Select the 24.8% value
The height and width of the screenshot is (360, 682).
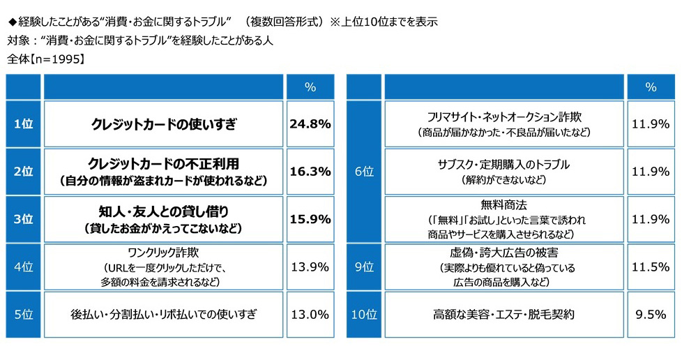coord(309,124)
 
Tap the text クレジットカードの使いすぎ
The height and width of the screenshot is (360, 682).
coord(164,125)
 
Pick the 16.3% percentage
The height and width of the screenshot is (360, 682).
coord(309,172)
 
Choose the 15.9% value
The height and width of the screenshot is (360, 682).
coord(309,219)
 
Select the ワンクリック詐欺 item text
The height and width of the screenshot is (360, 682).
coord(164,252)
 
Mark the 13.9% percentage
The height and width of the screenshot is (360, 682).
coord(309,267)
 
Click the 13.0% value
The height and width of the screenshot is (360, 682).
coord(309,314)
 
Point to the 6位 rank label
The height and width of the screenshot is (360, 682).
coord(363,172)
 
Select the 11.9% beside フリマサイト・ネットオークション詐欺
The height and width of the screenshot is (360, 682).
coord(650,124)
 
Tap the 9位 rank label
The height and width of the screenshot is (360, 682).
coord(363,267)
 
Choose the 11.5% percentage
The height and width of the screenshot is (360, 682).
coord(650,267)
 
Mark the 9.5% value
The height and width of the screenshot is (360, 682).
coord(650,314)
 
